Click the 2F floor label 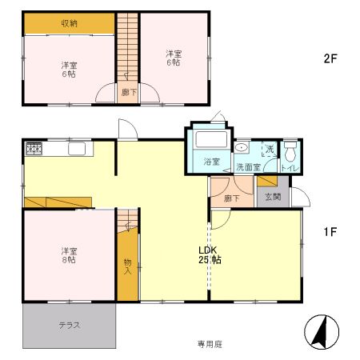tap(328, 58)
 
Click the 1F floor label tap(330, 232)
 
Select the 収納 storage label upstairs tap(70, 23)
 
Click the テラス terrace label tap(68, 325)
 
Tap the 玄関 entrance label tap(272, 197)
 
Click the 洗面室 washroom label tap(248, 167)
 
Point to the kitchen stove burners tap(34, 148)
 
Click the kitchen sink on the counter tap(78, 149)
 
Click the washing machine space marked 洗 tap(270, 150)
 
